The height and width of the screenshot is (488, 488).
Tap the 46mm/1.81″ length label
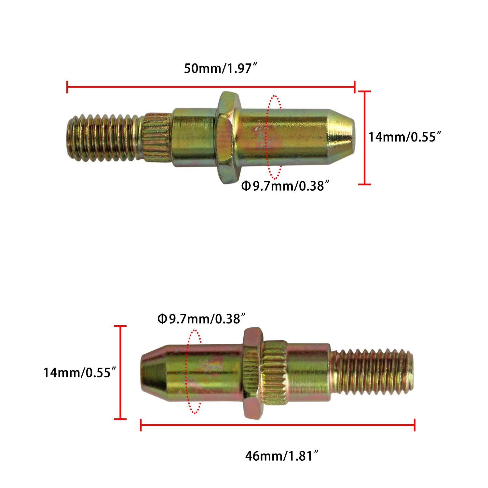pyautogui.click(x=281, y=456)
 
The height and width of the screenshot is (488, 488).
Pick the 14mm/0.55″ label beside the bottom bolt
pyautogui.click(x=80, y=373)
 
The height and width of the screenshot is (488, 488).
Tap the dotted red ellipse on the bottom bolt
pyautogui.click(x=194, y=372)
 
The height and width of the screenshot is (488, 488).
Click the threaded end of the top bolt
pyautogui.click(x=104, y=138)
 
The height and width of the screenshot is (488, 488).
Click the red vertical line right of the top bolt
pyautogui.click(x=364, y=138)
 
